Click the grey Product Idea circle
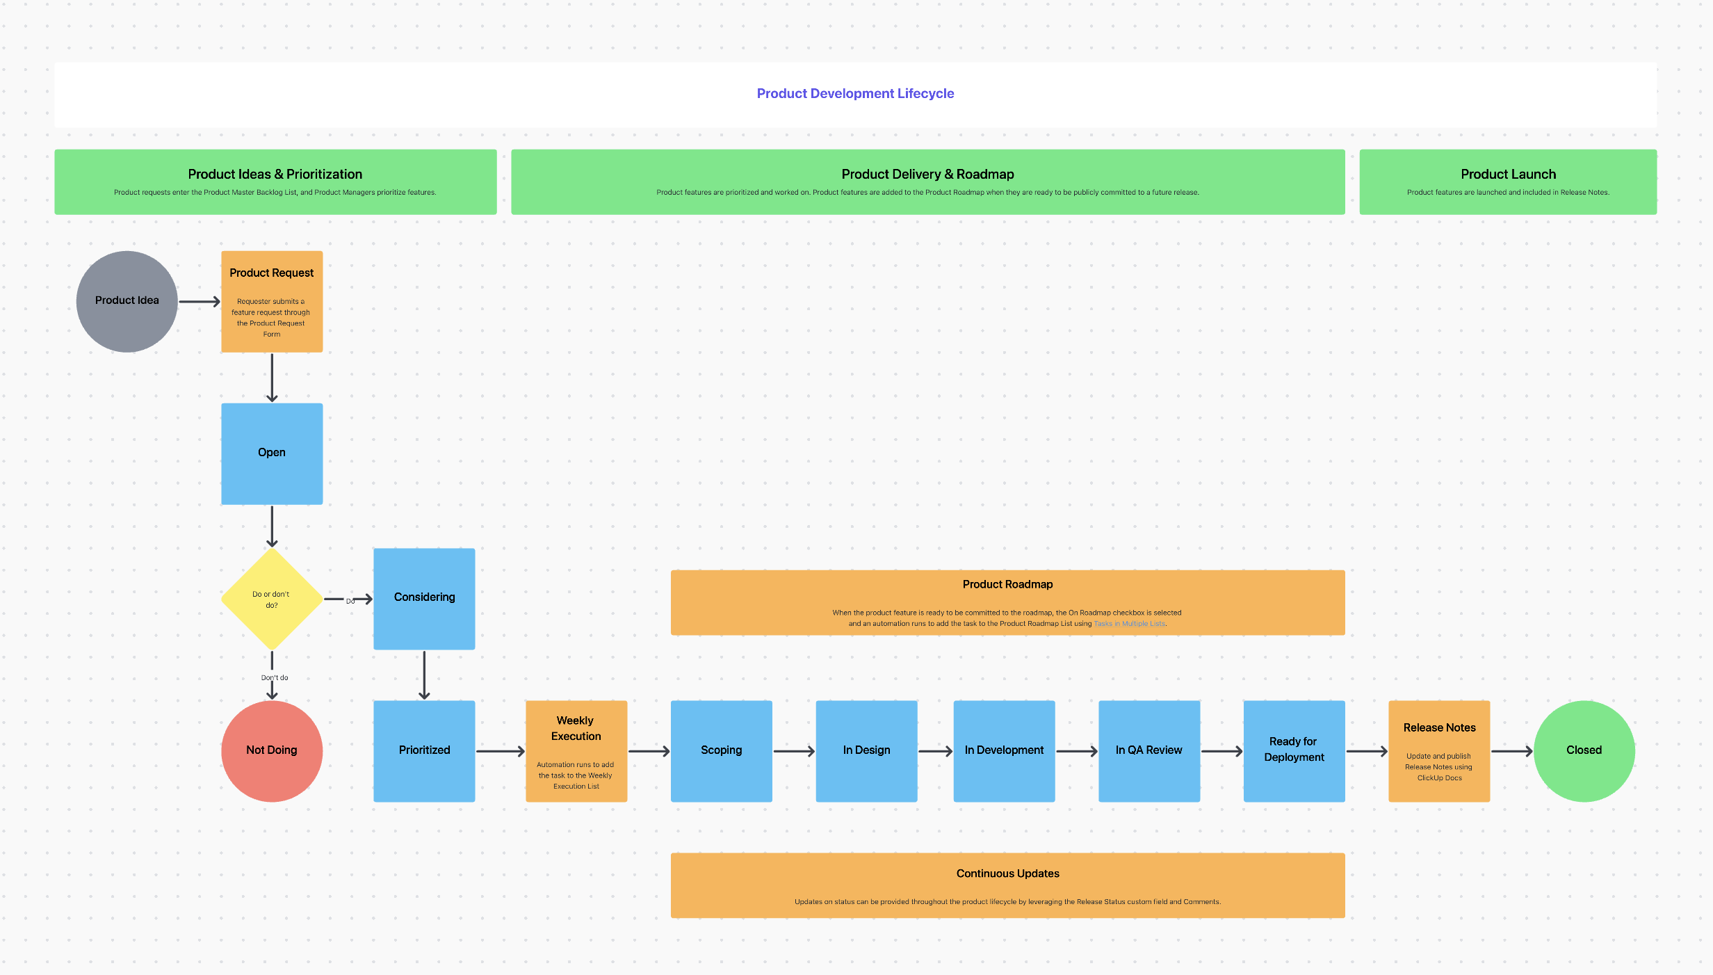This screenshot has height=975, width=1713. (x=127, y=301)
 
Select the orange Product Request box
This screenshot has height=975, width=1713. (x=272, y=301)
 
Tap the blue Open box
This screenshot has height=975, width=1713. (x=272, y=453)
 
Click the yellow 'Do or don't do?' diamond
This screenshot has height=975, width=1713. (x=272, y=599)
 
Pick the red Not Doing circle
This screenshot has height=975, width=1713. (x=272, y=750)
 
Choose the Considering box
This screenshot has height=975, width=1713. (x=424, y=598)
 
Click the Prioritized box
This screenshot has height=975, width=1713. (x=424, y=750)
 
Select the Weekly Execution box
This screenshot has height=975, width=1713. (x=576, y=750)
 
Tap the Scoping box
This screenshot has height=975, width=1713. (x=721, y=750)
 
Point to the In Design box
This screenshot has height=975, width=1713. (x=866, y=750)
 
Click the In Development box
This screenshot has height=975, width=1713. (x=1004, y=750)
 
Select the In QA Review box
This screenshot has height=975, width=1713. (x=1148, y=750)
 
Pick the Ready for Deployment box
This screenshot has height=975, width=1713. (x=1294, y=750)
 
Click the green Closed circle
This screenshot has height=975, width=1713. (x=1584, y=750)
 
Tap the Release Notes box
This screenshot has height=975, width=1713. (x=1439, y=750)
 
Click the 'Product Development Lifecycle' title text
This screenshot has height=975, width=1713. (x=855, y=93)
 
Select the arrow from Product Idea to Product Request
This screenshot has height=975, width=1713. (x=199, y=301)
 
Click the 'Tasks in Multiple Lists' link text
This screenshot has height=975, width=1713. (x=1129, y=624)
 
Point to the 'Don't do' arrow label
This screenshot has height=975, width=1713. (x=275, y=677)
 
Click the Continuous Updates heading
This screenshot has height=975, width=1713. (x=1007, y=873)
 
